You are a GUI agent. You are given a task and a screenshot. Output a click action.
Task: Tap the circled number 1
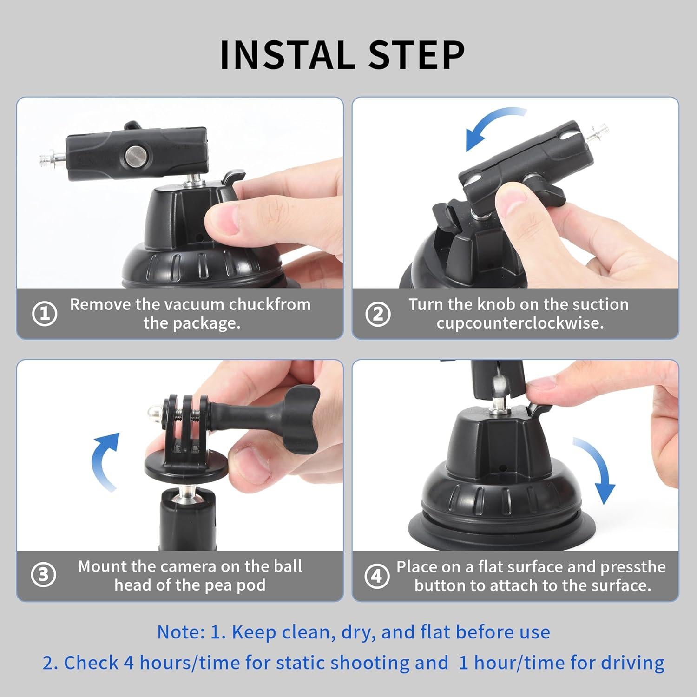pos(45,314)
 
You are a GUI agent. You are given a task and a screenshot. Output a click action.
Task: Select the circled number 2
pos(378,314)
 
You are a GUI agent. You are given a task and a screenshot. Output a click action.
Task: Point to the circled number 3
pos(44,575)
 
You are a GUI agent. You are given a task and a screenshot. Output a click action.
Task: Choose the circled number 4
pos(377,576)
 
